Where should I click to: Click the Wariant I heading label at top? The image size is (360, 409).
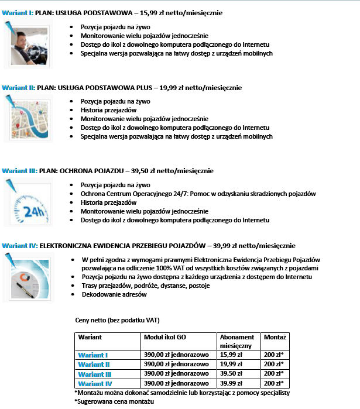pos(19,12)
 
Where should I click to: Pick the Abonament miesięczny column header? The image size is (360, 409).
pos(237,341)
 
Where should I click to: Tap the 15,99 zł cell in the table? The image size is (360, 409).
pos(231,355)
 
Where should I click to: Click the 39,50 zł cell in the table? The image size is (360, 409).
pos(231,373)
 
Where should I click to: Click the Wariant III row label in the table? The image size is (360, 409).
pos(95,373)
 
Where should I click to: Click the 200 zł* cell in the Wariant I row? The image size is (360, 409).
pos(274,355)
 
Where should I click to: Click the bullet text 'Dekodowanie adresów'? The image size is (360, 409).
pos(114,294)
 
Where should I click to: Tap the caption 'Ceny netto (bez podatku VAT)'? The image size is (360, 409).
pos(117,320)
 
